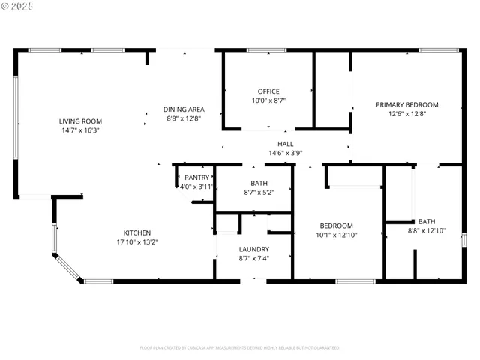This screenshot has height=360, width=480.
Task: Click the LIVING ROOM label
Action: [x=80, y=121]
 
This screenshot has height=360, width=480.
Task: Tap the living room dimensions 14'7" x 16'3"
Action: [x=80, y=130]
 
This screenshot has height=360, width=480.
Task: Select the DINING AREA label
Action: [x=183, y=109]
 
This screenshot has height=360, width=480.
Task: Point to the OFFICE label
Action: [x=268, y=91]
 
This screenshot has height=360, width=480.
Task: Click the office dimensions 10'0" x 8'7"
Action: [x=268, y=100]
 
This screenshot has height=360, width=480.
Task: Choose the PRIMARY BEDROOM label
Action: [x=406, y=105]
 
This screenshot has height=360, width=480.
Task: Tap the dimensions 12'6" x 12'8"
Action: [x=406, y=114]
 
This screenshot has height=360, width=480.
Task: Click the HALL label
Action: [x=285, y=144]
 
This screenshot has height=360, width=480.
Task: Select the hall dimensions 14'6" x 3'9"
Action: [x=285, y=153]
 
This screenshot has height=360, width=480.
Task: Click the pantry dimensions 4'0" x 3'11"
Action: [x=196, y=187]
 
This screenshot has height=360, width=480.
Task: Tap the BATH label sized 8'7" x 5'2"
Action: [x=259, y=183]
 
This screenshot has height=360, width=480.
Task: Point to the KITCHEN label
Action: [x=137, y=232]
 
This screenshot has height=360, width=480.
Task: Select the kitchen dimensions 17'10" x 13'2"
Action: [x=137, y=241]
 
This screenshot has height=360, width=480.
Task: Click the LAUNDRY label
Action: [x=253, y=249]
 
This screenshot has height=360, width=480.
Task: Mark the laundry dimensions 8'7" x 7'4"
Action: [x=253, y=258]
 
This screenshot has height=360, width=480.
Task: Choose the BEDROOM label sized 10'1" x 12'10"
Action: [x=336, y=226]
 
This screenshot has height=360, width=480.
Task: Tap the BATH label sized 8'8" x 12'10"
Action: [x=426, y=221]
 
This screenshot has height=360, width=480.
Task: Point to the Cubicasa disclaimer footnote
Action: [x=239, y=347]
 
